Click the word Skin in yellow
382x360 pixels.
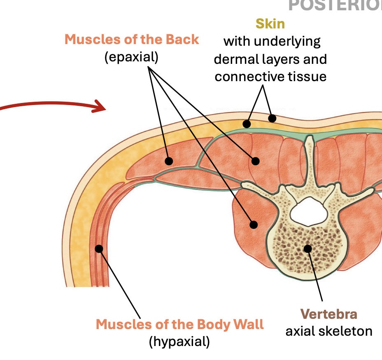pyautogui.click(x=270, y=23)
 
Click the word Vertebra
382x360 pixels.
pyautogui.click(x=328, y=314)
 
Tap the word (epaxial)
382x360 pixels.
pyautogui.click(x=131, y=57)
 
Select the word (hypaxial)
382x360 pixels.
pyautogui.click(x=179, y=341)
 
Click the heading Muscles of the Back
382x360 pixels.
pyautogui.click(x=132, y=40)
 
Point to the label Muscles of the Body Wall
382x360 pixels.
pyautogui.click(x=179, y=324)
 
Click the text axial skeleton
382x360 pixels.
pyautogui.click(x=328, y=331)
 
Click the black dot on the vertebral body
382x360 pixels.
pyautogui.click(x=307, y=248)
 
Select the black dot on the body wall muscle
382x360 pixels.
pyautogui.click(x=99, y=248)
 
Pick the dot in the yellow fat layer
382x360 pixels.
pyautogui.click(x=247, y=124)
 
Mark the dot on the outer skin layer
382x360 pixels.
pyautogui.click(x=272, y=119)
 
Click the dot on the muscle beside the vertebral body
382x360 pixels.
pyautogui.click(x=254, y=224)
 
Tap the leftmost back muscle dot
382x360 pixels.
pyautogui.click(x=169, y=161)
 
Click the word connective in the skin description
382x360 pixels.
pyautogui.click(x=250, y=77)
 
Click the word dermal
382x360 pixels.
pyautogui.click(x=235, y=59)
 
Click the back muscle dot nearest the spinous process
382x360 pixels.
pyautogui.click(x=256, y=161)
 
